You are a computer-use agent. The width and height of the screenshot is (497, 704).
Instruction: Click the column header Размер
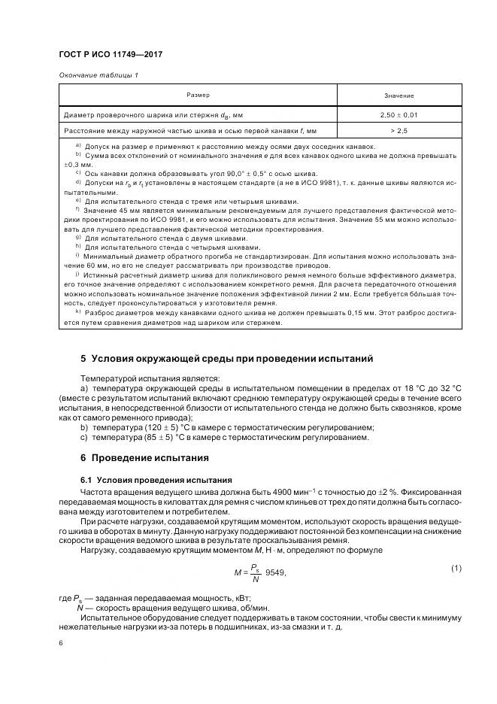(198, 96)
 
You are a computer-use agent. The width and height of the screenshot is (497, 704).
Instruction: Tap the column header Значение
(399, 96)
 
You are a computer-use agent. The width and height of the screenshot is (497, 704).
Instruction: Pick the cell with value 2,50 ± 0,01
(399, 114)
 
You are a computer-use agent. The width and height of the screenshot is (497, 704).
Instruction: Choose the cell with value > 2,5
(399, 130)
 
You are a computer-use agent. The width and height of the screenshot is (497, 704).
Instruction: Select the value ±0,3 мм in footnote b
(77, 163)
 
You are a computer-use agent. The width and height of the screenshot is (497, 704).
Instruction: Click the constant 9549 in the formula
(275, 572)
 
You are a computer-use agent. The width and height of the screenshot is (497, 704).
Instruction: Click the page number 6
(60, 643)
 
